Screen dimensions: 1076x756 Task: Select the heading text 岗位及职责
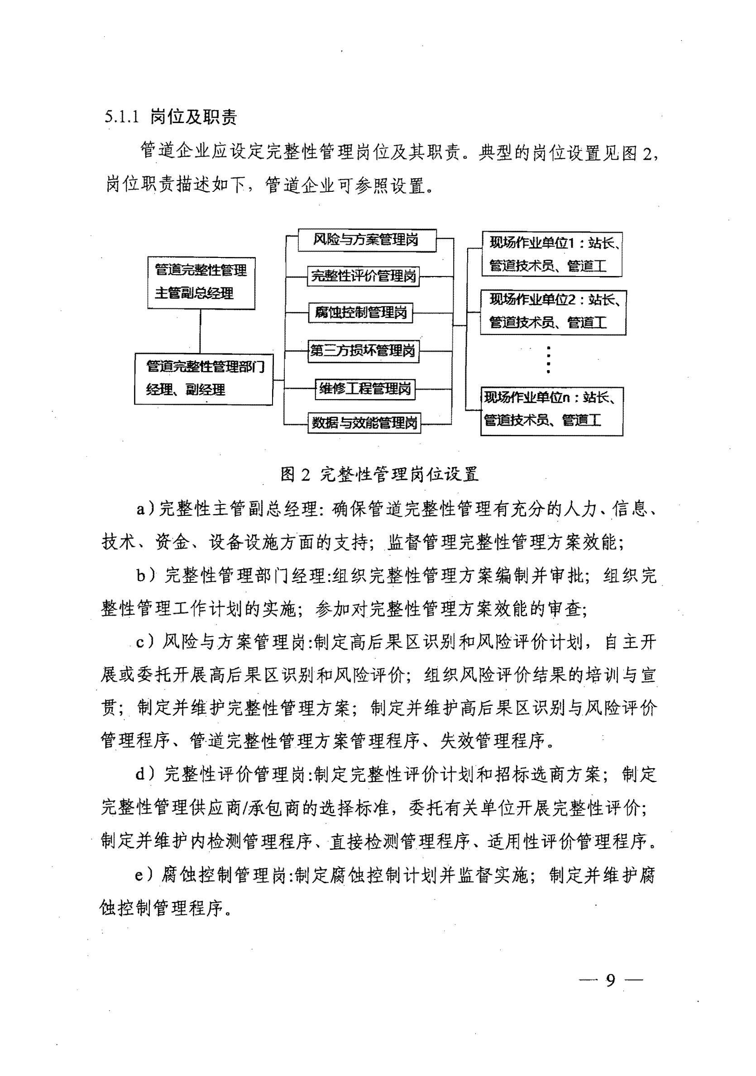(x=193, y=117)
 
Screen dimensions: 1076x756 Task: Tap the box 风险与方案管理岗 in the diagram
(x=366, y=240)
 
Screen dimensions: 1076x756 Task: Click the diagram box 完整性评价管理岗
(x=364, y=276)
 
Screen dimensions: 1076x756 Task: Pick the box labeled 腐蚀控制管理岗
(x=361, y=313)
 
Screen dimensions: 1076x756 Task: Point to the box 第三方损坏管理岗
(x=363, y=351)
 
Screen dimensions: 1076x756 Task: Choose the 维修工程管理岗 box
(x=365, y=389)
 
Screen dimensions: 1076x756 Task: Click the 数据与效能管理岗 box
(x=364, y=423)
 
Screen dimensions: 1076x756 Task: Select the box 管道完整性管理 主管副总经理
(x=201, y=283)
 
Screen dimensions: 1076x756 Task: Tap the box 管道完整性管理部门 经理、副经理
(x=204, y=379)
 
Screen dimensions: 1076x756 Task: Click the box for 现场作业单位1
(x=552, y=254)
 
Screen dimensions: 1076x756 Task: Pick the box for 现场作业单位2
(x=553, y=312)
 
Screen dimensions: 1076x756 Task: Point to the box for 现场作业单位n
(x=551, y=410)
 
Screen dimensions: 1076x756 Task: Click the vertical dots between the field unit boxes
(x=548, y=360)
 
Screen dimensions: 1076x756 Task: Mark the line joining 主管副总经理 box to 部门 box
(x=200, y=331)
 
